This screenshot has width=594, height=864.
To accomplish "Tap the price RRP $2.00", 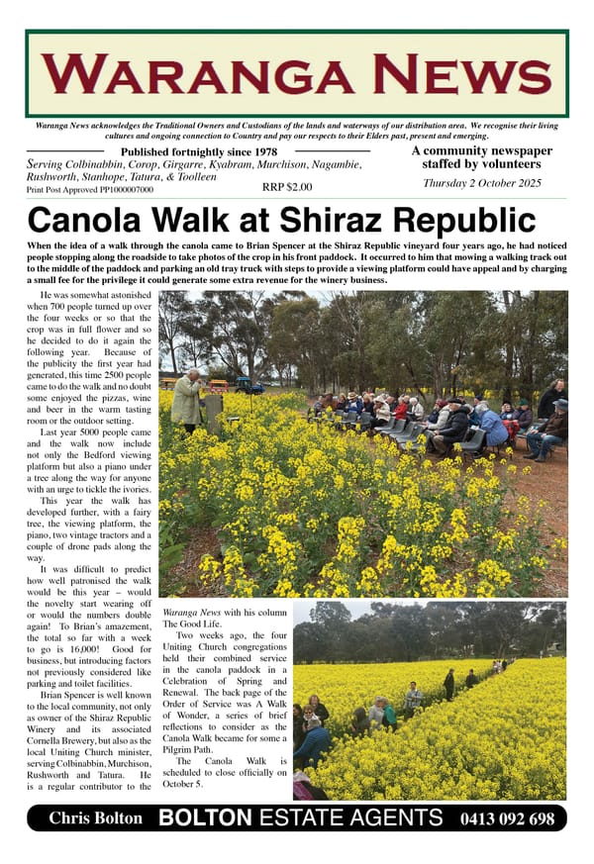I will point(287,186).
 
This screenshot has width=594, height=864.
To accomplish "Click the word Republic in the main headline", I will point(455,220).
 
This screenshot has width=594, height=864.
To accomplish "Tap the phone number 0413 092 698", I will point(507,818).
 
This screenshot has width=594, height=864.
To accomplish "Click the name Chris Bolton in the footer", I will point(96,818).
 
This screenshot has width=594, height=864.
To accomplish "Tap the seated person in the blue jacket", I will point(492,426).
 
